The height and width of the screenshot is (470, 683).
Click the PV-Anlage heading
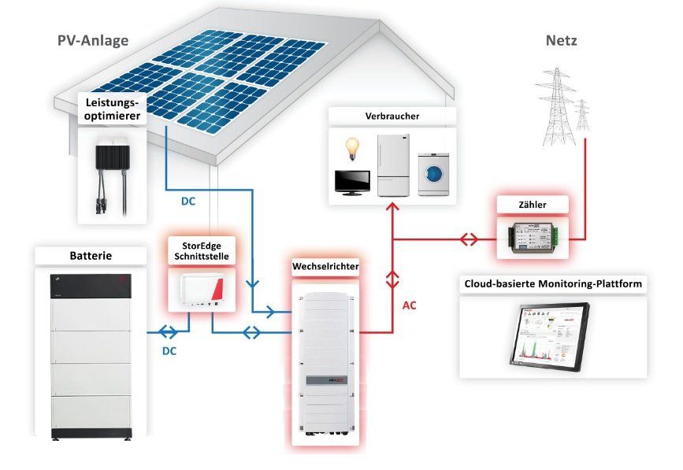pyautogui.click(x=93, y=39)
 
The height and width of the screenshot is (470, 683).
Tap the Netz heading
pyautogui.click(x=561, y=39)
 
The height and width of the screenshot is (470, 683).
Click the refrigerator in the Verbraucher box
pyautogui.click(x=393, y=164)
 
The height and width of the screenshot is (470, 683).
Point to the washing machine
pyautogui.click(x=433, y=172)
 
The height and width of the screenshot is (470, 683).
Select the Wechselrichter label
pyautogui.click(x=325, y=267)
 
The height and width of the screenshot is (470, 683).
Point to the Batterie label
pyautogui.click(x=90, y=256)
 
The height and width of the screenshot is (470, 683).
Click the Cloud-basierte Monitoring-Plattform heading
pyautogui.click(x=551, y=283)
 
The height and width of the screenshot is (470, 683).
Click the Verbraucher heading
pyautogui.click(x=392, y=117)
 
